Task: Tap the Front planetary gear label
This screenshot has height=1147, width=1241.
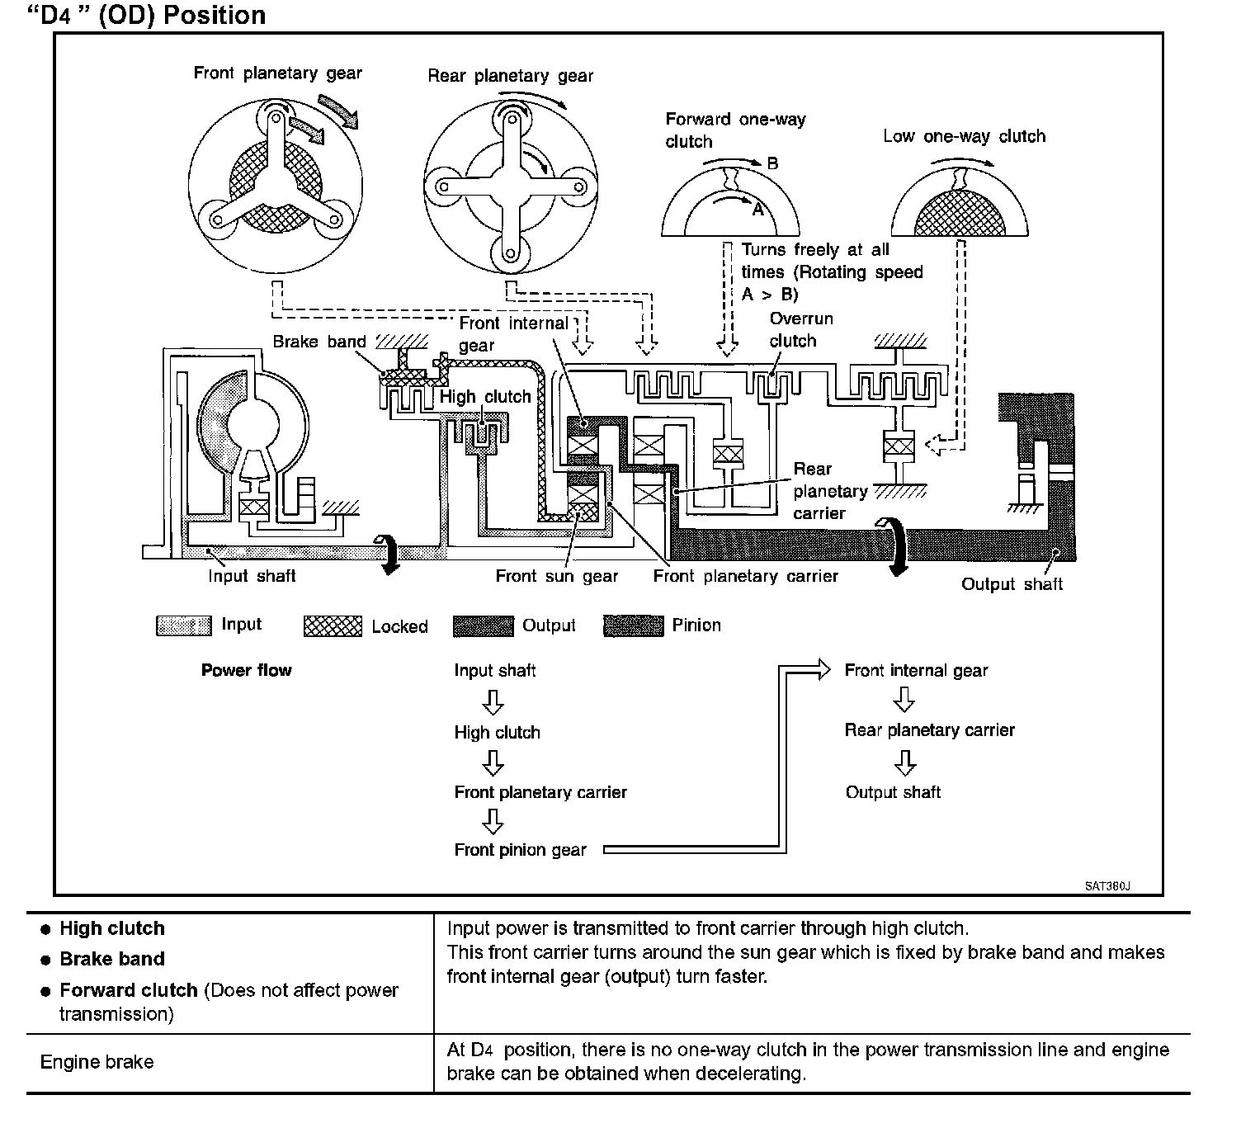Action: pyautogui.click(x=277, y=73)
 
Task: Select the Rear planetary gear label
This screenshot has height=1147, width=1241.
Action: pyautogui.click(x=510, y=77)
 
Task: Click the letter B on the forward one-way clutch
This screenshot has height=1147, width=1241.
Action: pyautogui.click(x=772, y=163)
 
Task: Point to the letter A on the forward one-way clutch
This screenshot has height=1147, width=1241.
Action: pyautogui.click(x=757, y=210)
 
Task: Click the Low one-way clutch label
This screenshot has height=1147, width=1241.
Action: pyautogui.click(x=964, y=136)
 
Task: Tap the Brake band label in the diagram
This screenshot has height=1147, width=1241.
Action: pyautogui.click(x=319, y=342)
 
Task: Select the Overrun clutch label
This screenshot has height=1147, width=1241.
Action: pyautogui.click(x=800, y=329)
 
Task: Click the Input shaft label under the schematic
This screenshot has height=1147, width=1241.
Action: pyautogui.click(x=252, y=576)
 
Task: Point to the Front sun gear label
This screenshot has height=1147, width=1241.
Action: pyautogui.click(x=557, y=576)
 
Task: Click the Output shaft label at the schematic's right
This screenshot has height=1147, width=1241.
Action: pyautogui.click(x=1012, y=584)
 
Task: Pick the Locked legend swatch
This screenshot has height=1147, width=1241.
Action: pyautogui.click(x=333, y=626)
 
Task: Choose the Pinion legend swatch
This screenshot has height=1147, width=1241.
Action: pyautogui.click(x=633, y=626)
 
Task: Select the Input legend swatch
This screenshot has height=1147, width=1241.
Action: pyautogui.click(x=183, y=625)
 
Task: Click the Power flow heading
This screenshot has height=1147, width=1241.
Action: pyautogui.click(x=246, y=670)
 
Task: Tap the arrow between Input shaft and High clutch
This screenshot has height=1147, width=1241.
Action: pyautogui.click(x=493, y=702)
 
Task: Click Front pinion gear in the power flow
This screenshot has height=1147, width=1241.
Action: pyautogui.click(x=520, y=850)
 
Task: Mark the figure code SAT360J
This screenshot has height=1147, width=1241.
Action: pyautogui.click(x=1107, y=886)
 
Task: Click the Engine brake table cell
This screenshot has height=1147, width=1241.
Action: pyautogui.click(x=97, y=1061)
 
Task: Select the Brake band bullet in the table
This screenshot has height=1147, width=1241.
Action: pyautogui.click(x=112, y=959)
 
